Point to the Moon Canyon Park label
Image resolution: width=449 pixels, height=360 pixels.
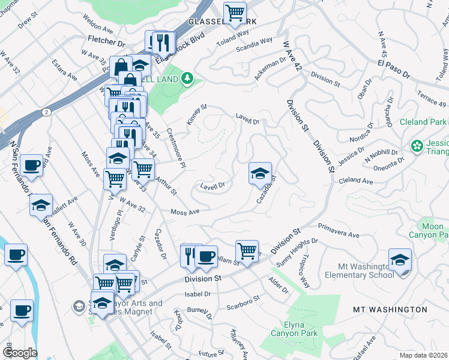(426, 231)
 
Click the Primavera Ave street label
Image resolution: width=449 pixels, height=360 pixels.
(338, 232)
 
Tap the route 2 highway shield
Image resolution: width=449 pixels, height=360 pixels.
(46, 112)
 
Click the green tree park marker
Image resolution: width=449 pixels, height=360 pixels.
(187, 77)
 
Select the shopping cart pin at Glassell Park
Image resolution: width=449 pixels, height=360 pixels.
(235, 12)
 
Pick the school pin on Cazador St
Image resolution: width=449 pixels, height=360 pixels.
(260, 173)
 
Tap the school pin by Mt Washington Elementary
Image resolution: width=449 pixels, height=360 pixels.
(400, 259)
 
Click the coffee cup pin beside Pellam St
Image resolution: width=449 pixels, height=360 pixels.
(206, 256)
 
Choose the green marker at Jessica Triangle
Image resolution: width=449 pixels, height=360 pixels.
(417, 146)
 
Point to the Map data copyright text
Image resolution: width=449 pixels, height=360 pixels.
(424, 355)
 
